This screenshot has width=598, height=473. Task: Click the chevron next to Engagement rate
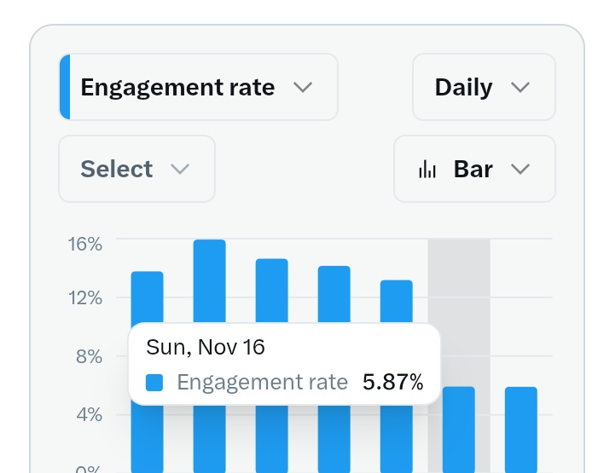click(x=302, y=88)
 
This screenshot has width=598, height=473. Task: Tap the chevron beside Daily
click(x=520, y=88)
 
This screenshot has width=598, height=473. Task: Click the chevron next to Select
click(x=179, y=169)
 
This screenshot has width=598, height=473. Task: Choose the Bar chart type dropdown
click(x=473, y=169)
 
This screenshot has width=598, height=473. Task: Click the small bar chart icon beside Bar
click(x=427, y=170)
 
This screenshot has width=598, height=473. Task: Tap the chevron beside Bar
click(x=520, y=169)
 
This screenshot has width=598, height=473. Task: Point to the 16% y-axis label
click(x=85, y=245)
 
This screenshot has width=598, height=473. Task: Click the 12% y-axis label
click(x=85, y=298)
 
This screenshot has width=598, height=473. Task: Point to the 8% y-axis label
click(x=89, y=356)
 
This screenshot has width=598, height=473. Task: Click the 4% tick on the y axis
click(x=89, y=415)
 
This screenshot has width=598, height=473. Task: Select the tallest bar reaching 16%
click(x=210, y=281)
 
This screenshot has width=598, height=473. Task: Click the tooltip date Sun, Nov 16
click(x=206, y=347)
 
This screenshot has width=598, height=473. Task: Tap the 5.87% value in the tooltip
click(x=392, y=383)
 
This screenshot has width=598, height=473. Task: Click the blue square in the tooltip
click(x=154, y=383)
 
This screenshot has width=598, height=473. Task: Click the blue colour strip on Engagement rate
click(x=65, y=87)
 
